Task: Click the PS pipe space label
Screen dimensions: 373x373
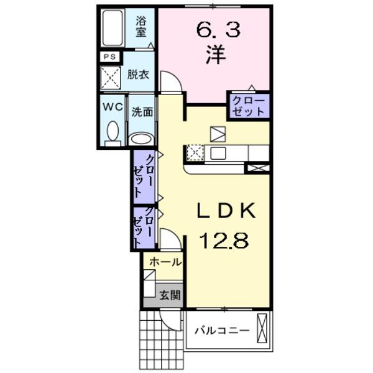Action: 109,57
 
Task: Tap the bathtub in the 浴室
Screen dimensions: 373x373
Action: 113,28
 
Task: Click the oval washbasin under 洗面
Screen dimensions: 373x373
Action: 141,139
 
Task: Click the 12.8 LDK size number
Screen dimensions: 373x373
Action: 224,241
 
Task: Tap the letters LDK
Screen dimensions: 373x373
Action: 226,210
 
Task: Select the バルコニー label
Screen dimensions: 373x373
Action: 222,331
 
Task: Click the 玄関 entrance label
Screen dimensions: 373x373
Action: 170,295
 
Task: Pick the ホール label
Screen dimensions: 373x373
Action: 165,262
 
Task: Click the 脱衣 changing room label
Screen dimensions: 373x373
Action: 138,75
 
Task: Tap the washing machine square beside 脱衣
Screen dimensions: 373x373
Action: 111,78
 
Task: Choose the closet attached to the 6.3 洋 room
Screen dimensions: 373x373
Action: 249,106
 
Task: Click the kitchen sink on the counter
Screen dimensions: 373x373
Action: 218,153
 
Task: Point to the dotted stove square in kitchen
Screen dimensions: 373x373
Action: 195,153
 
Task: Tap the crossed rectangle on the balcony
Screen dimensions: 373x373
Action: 262,328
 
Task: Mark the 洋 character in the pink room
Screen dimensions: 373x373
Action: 216,55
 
